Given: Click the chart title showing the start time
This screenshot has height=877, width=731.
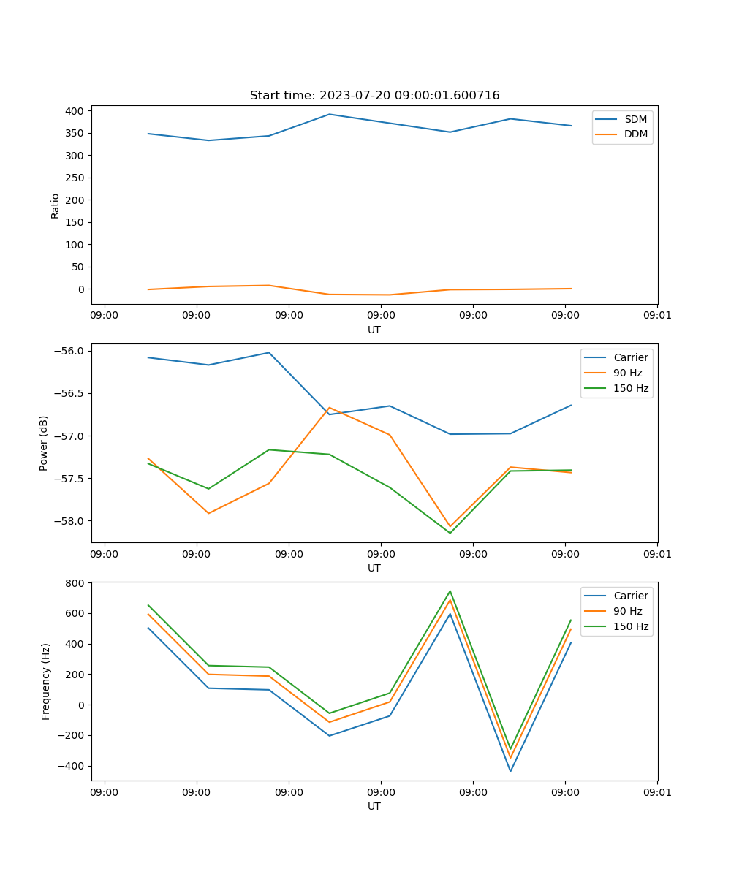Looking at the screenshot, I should pos(374,96).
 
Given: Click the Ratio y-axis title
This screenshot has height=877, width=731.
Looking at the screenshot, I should pos(56,205).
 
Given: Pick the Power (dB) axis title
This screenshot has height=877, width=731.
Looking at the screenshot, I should pos(44,443).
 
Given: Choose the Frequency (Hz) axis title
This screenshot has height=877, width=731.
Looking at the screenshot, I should pos(45,681).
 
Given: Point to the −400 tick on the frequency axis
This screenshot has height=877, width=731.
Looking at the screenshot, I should pos(72,766).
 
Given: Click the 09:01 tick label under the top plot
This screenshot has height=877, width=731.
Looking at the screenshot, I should pos(657,316).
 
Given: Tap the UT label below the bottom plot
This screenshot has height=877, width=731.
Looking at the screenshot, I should pos(374,806).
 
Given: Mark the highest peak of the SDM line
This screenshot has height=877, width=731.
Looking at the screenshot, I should pos(330,114).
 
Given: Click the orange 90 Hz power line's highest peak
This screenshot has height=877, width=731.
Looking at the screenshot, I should pos(330,407).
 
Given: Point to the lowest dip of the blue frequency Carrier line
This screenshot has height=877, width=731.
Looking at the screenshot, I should pos(510,771).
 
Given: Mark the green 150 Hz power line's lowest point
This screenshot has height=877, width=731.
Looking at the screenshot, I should pos(450,533).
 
